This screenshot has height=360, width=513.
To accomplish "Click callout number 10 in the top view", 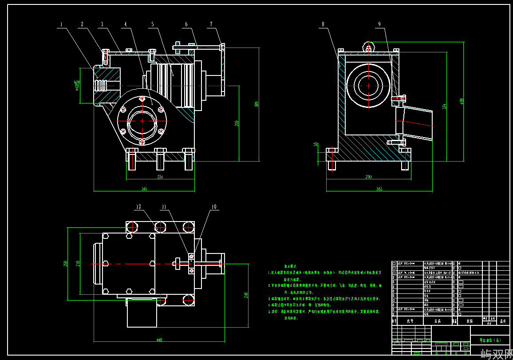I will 214,206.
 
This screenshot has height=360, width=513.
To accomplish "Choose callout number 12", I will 138,206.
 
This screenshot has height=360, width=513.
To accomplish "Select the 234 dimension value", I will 160,177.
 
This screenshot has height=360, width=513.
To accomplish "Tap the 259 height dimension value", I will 237,123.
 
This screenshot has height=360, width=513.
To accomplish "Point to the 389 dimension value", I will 256,104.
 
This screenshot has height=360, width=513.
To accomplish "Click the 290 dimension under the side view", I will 368,177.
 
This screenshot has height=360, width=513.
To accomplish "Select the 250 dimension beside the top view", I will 65,264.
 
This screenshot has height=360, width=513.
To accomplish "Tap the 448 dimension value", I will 159,340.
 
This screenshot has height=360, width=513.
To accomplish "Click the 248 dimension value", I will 246,295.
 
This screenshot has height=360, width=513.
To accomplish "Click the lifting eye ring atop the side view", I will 368,46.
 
